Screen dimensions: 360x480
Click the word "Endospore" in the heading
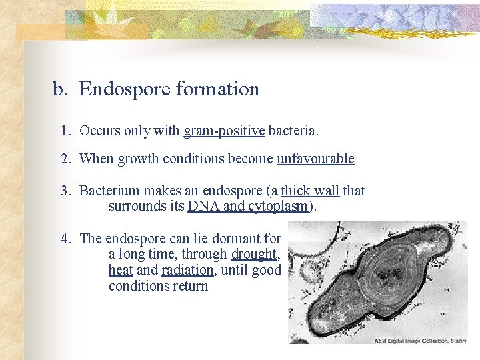point(124,89)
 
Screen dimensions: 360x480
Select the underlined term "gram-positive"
point(224,131)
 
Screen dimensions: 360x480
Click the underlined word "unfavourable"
point(315,159)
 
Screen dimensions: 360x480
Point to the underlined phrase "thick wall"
point(311,191)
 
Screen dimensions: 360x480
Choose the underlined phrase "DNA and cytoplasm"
point(249,206)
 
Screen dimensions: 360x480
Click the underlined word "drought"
point(254,254)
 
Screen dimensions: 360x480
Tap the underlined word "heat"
point(120,270)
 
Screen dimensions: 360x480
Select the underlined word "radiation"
point(187,270)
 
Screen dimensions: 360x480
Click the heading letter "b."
point(61,89)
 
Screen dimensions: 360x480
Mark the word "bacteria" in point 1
point(293,131)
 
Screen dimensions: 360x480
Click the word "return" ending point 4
point(190,286)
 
